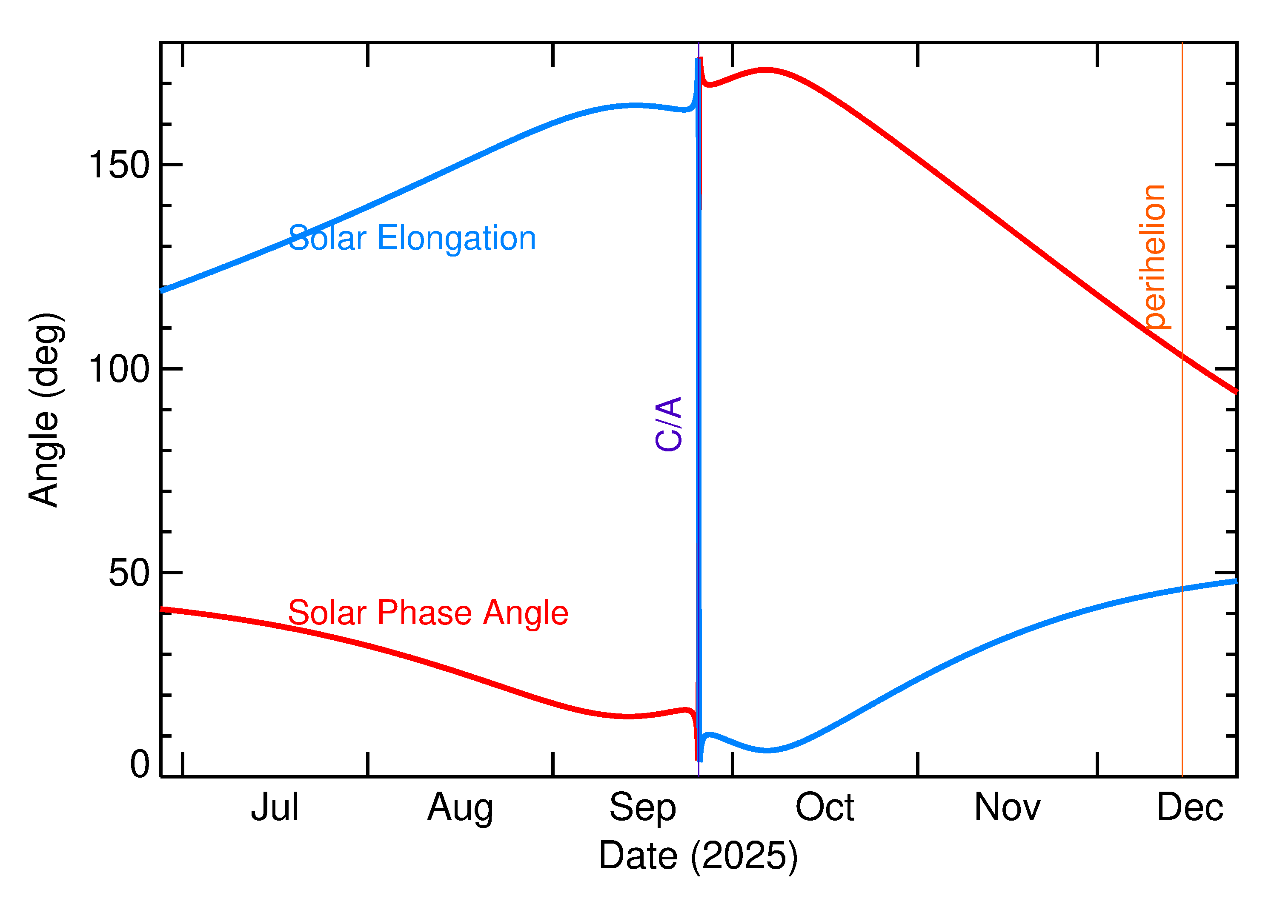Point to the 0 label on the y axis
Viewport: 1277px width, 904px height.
point(140,764)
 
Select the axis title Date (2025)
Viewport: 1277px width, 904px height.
point(698,856)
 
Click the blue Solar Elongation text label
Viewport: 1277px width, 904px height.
point(412,238)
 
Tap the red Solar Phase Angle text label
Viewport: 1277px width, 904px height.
point(428,613)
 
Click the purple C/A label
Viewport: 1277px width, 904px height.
point(668,424)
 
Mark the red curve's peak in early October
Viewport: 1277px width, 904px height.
point(767,70)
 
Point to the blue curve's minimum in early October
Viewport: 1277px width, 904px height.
point(767,750)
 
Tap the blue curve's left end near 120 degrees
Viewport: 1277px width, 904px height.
point(162,291)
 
